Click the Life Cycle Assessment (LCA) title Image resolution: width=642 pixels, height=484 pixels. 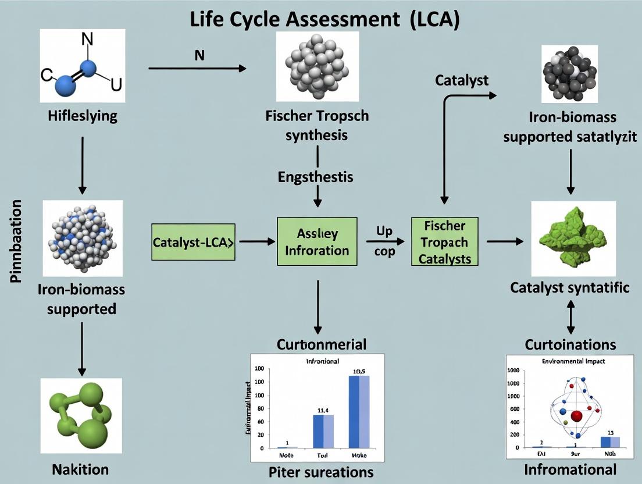click(325, 19)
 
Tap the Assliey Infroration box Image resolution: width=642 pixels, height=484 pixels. click(317, 242)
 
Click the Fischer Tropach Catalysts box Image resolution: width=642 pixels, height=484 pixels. click(444, 242)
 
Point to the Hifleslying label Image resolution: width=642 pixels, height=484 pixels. click(82, 115)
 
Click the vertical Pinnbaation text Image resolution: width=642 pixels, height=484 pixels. click(16, 241)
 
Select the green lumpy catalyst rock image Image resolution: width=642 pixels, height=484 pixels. click(573, 239)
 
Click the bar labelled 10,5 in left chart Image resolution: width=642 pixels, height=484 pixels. click(358, 411)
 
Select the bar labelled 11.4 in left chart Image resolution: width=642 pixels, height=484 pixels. click(323, 431)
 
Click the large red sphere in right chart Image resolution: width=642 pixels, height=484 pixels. click(577, 416)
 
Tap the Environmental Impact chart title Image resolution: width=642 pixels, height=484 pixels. click(573, 361)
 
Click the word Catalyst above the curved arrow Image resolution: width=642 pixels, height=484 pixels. click(462, 80)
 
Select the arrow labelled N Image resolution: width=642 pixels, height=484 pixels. click(197, 69)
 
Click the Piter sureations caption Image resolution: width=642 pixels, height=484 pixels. click(321, 471)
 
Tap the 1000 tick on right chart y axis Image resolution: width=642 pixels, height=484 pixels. click(513, 383)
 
